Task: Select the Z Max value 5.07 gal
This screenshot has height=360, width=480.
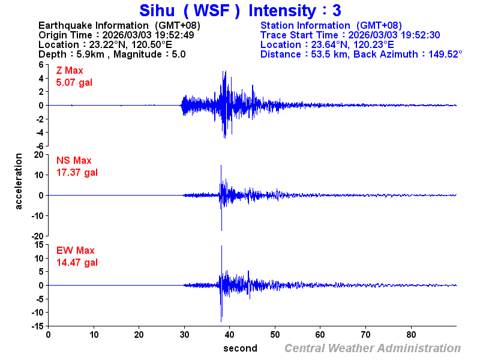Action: click(74, 82)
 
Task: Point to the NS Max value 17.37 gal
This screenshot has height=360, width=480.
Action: click(77, 172)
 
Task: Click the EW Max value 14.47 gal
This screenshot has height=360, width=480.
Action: click(77, 262)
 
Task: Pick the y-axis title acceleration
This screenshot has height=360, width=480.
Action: click(19, 181)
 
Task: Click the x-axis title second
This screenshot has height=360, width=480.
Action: click(240, 348)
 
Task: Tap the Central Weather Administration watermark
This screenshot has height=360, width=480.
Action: click(372, 348)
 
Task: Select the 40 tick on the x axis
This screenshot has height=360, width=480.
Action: click(230, 335)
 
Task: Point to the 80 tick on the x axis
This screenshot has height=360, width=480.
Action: click(412, 335)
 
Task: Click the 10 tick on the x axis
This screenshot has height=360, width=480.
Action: click(94, 335)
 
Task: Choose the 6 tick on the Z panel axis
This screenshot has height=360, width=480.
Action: click(40, 64)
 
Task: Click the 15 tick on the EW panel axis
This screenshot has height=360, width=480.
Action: click(37, 244)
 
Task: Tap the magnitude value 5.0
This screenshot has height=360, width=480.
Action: click(179, 54)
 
